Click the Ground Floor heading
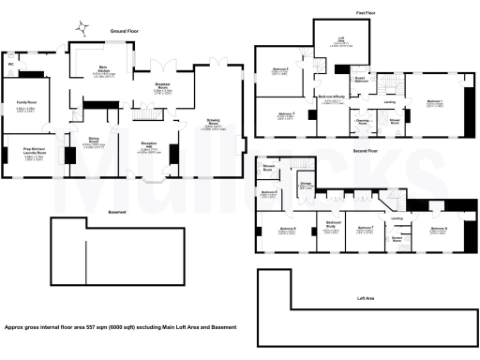click(x=125, y=31)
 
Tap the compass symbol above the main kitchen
click(x=83, y=26)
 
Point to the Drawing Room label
click(x=214, y=123)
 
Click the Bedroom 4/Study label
click(x=333, y=97)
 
